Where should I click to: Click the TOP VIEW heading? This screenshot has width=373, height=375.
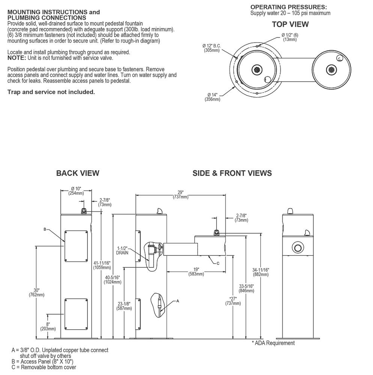click(x=290, y=24)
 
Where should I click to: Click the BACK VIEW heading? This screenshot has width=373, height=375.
click(x=78, y=173)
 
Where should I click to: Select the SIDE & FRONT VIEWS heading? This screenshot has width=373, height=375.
click(x=232, y=173)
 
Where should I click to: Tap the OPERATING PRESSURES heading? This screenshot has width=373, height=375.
click(x=288, y=7)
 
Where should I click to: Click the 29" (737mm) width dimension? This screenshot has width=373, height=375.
click(x=180, y=195)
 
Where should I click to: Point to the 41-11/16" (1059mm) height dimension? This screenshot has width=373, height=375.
click(x=102, y=265)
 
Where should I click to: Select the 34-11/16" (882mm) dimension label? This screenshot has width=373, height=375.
click(x=261, y=272)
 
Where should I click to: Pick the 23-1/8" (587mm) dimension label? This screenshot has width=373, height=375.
click(x=124, y=306)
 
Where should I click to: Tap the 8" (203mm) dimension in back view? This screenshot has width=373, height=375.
click(x=48, y=326)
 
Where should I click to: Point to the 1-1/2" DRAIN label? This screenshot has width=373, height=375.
click(x=122, y=250)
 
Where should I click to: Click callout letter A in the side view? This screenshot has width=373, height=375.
click(x=177, y=301)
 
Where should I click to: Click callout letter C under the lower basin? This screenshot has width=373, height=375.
click(x=218, y=263)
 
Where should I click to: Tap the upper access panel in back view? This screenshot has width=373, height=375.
click(x=77, y=246)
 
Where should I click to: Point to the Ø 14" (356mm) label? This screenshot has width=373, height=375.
click(x=212, y=97)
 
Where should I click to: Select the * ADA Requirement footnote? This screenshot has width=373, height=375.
click(x=273, y=343)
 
